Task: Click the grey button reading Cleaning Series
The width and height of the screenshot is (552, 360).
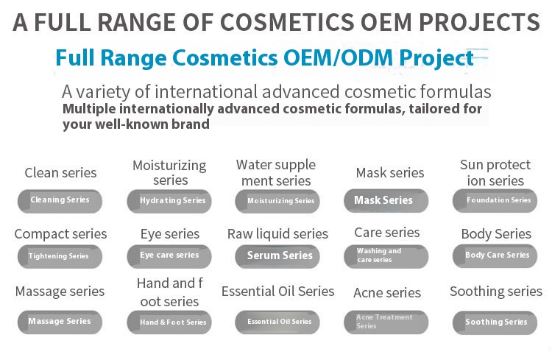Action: point(60,200)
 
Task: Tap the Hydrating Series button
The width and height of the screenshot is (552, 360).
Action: point(169,201)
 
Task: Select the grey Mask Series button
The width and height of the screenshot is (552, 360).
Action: point(386,200)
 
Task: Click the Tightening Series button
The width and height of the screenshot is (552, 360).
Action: point(60,256)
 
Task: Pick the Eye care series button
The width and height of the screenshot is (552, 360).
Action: point(169,255)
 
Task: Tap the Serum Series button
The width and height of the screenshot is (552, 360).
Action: point(277,256)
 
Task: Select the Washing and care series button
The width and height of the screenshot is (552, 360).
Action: point(386,256)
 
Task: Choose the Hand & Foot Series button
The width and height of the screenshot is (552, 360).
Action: point(169,322)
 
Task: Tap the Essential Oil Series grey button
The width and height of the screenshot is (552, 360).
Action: point(277,322)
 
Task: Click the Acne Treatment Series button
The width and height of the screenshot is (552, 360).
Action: point(386,322)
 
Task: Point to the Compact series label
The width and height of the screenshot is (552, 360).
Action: point(60,234)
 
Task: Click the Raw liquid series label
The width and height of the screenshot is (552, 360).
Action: point(277,234)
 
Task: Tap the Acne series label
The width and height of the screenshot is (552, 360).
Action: point(387,292)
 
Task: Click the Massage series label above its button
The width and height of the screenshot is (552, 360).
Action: point(60,292)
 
